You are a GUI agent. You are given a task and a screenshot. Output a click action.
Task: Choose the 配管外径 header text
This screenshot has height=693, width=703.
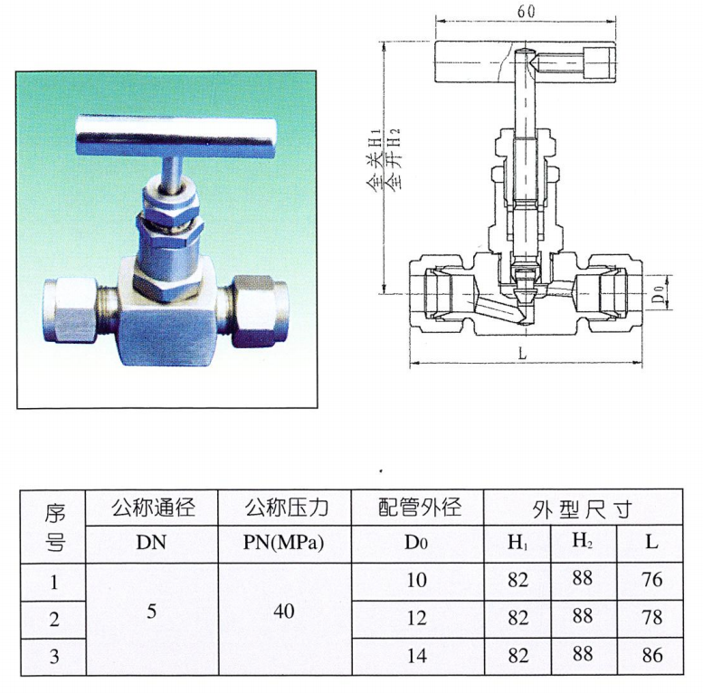point(416,507)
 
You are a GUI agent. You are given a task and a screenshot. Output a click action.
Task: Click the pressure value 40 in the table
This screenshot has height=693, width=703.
point(284,612)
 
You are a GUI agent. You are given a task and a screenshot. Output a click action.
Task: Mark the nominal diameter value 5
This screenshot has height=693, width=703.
point(151,612)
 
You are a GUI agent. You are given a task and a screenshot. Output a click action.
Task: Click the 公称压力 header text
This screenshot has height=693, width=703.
point(284,507)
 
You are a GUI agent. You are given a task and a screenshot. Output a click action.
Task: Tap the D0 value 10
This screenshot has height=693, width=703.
point(416,580)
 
